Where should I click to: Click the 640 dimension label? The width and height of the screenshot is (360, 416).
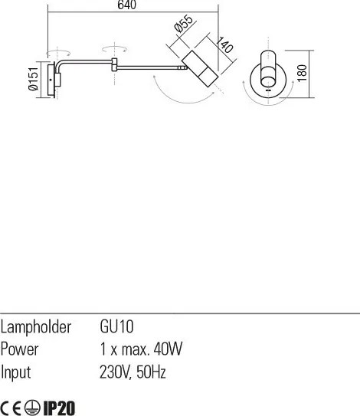pos(127,5)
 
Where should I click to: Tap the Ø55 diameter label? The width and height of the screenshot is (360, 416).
pos(183,23)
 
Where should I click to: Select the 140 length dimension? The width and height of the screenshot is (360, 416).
pos(224,44)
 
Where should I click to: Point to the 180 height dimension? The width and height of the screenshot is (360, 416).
pos(302,73)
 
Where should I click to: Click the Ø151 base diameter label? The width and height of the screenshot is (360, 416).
pos(34,78)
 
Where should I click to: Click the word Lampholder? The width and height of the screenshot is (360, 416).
pos(36,327)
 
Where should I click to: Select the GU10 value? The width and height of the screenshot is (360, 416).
pos(116,326)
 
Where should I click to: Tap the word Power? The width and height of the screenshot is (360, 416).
pos(19,349)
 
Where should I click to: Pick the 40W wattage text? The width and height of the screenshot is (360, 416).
pos(168,349)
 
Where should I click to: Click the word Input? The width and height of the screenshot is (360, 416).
pos(15,372)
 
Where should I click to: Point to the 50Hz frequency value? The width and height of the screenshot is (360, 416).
pos(151,372)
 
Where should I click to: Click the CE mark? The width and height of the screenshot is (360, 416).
pos(11,408)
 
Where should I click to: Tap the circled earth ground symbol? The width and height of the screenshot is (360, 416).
pos(32,408)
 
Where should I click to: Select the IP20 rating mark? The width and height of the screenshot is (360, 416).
pos(59,408)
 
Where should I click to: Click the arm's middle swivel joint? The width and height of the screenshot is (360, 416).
pos(114,64)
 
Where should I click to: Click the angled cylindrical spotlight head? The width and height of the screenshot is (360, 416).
pos(200,68)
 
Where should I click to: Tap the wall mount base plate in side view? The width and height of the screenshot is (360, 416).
pos(51,80)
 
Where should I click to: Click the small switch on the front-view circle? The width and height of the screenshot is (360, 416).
pos(268,90)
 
